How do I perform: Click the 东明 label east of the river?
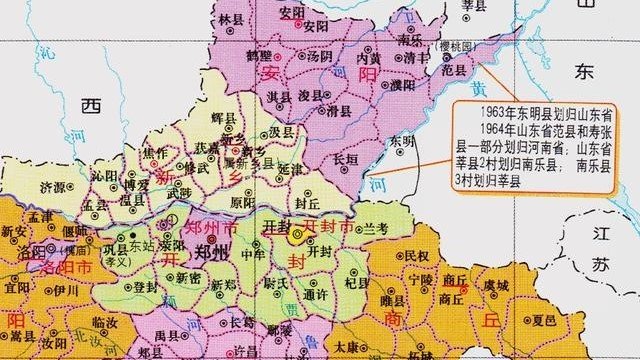click(401, 141)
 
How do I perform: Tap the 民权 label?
click(417, 256)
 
